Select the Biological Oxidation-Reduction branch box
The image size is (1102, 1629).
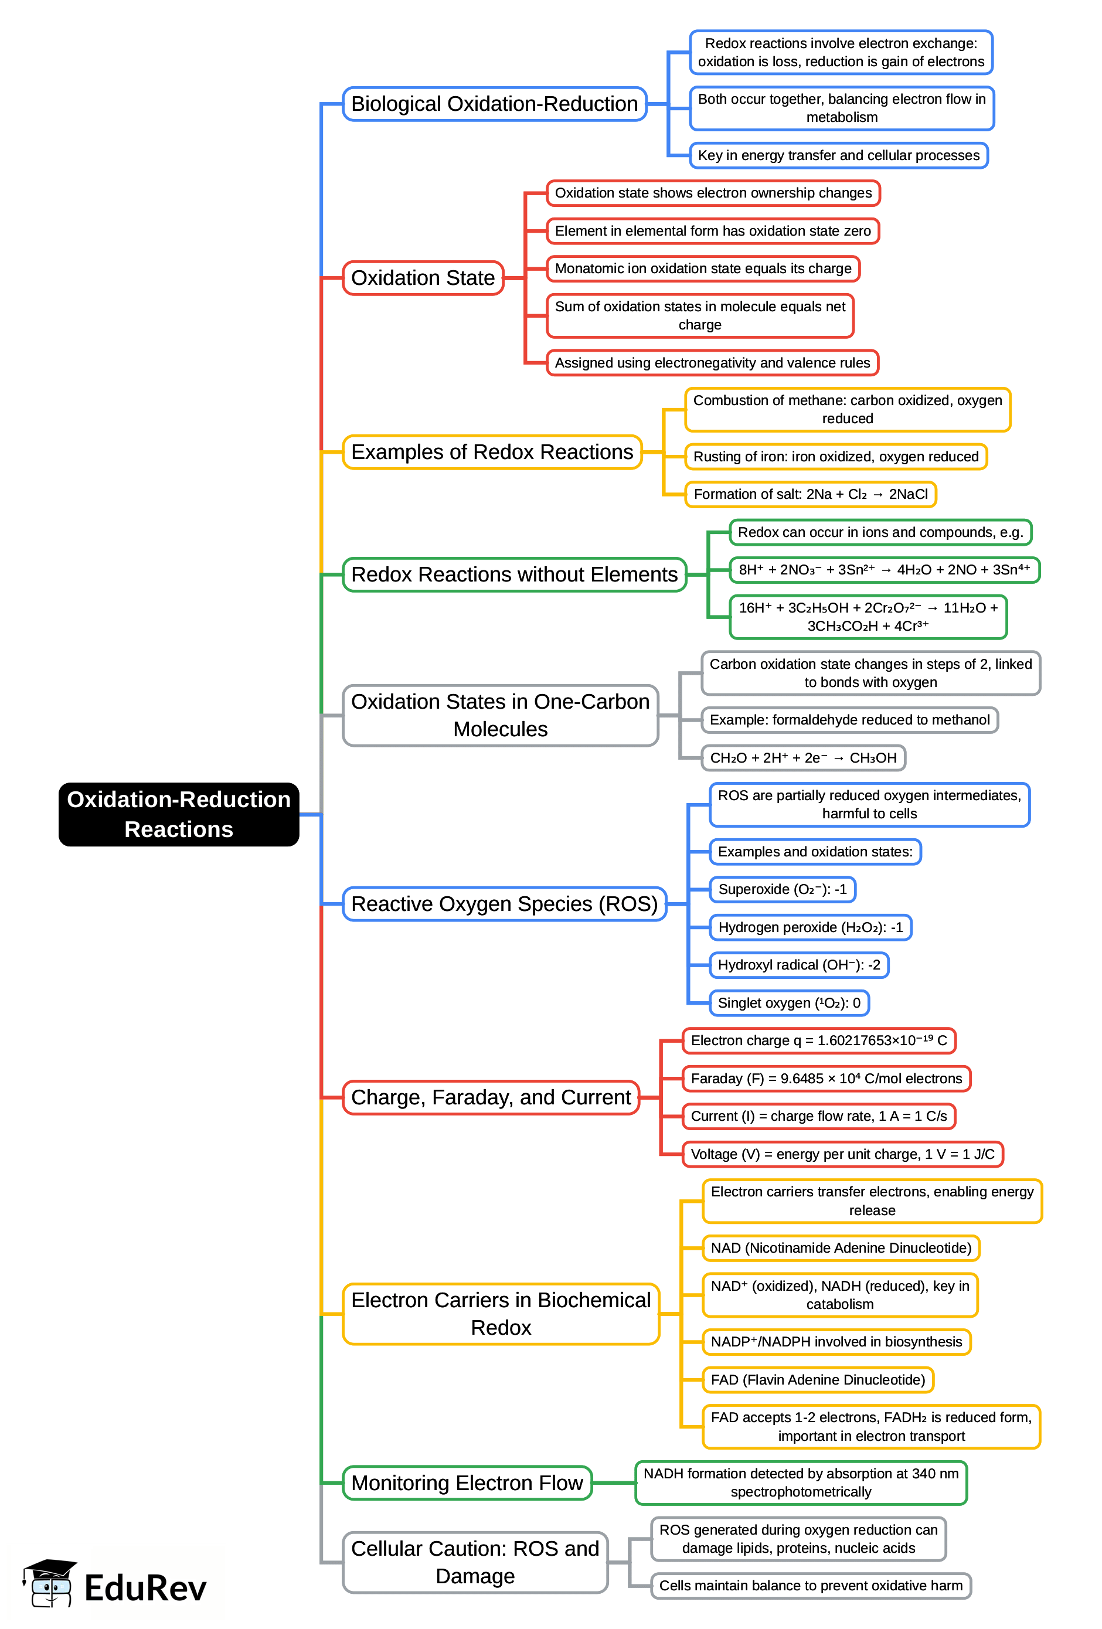pyautogui.click(x=494, y=104)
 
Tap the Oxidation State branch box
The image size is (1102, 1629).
pyautogui.click(x=423, y=278)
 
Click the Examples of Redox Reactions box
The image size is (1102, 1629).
pyautogui.click(x=492, y=452)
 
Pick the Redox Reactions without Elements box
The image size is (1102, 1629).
pyautogui.click(x=514, y=575)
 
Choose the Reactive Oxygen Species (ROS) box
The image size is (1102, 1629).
pyautogui.click(x=504, y=904)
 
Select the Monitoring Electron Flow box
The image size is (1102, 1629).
pyautogui.click(x=467, y=1483)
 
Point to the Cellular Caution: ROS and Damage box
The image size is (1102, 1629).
pyautogui.click(x=475, y=1562)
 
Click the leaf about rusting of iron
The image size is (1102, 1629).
pyautogui.click(x=836, y=457)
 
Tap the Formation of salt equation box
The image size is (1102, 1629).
pyautogui.click(x=810, y=494)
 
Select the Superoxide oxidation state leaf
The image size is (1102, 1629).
pyautogui.click(x=783, y=889)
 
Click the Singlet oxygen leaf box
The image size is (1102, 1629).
pyautogui.click(x=788, y=1003)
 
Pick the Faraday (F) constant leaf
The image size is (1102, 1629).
pyautogui.click(x=827, y=1079)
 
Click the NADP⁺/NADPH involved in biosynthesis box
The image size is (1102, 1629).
pyautogui.click(x=836, y=1342)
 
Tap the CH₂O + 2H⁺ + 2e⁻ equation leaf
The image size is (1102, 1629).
pyautogui.click(x=804, y=758)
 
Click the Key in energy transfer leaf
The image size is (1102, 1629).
pyautogui.click(x=838, y=155)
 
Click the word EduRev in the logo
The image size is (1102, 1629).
pyautogui.click(x=146, y=1589)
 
